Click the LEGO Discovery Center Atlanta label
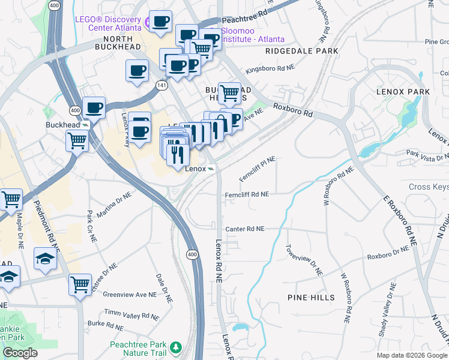coord(108,22)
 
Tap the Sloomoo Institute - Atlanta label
coord(253,35)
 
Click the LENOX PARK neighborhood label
coord(403,92)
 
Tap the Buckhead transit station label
coord(63,125)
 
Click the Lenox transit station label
coord(195,169)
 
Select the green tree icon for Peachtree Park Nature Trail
coord(175,347)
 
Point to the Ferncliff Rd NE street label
coord(247,194)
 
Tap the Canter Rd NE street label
coord(244,229)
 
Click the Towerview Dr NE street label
coord(304,259)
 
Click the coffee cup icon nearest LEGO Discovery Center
coord(161,22)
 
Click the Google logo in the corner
coord(20,353)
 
